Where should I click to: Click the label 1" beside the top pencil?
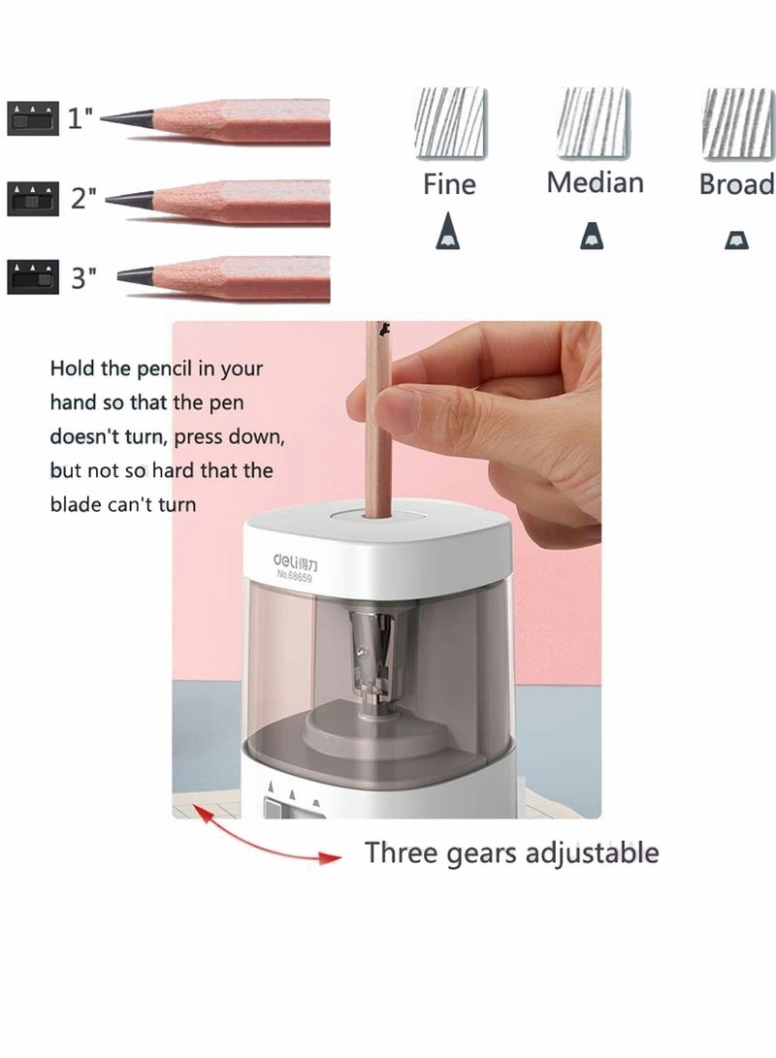click(81, 119)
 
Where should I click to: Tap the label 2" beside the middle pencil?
click(83, 200)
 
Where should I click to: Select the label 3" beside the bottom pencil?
click(84, 279)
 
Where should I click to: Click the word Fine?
click(449, 184)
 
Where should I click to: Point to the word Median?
click(595, 182)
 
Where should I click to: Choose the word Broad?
click(737, 184)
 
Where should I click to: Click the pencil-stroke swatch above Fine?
click(450, 122)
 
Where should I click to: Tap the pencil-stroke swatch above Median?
click(594, 122)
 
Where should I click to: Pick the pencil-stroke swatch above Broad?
click(737, 122)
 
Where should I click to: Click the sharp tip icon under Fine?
click(448, 234)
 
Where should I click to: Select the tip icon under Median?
click(591, 236)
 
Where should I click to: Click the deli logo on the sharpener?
click(301, 560)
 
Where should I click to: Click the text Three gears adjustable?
click(511, 853)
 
